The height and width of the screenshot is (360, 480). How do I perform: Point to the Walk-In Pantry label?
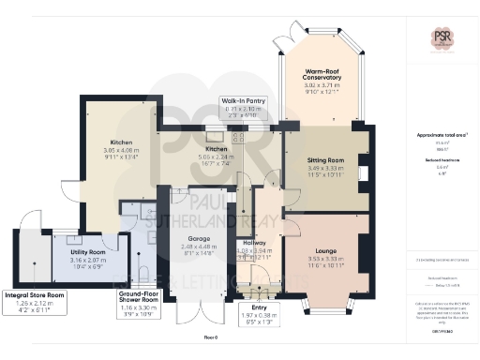point(243,100)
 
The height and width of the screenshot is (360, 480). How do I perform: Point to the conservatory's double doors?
point(284,34)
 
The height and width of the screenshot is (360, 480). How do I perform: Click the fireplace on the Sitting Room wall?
point(362,173)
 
